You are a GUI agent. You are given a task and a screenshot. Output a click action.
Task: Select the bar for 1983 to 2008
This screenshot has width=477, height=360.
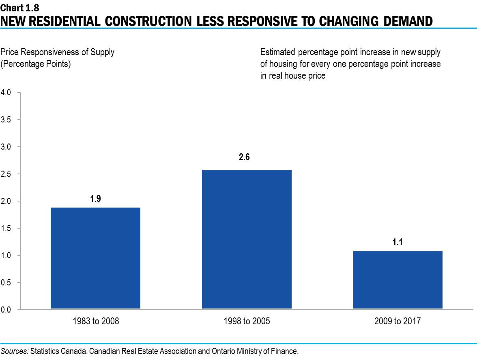click(95, 258)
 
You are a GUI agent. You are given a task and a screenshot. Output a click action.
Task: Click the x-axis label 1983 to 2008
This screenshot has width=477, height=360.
click(96, 321)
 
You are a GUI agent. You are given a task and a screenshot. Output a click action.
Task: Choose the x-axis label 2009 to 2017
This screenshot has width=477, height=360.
click(397, 321)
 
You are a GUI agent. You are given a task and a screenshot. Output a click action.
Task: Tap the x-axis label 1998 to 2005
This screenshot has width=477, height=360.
click(247, 321)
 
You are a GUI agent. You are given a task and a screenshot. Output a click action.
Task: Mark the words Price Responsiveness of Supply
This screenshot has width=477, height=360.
click(57, 52)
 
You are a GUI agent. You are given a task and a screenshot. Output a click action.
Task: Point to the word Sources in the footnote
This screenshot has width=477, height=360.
click(14, 351)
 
